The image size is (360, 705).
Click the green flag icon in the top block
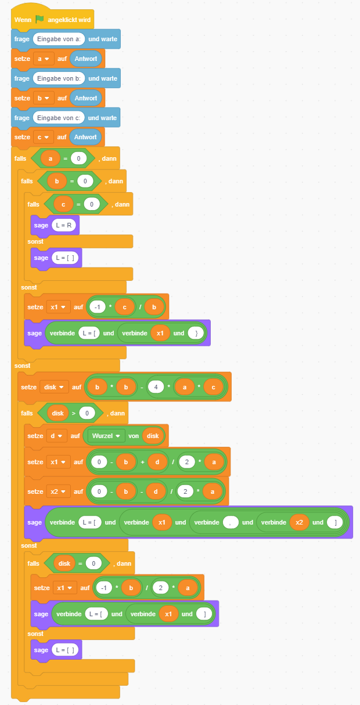[39, 19]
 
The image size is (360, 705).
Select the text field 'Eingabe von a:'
[59, 39]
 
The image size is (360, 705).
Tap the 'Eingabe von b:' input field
[59, 78]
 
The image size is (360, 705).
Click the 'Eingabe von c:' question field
[59, 118]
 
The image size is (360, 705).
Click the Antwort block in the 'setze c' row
[86, 138]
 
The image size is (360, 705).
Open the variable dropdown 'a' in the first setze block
[44, 59]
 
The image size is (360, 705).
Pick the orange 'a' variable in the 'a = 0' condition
[51, 158]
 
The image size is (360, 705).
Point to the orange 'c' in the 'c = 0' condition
[63, 204]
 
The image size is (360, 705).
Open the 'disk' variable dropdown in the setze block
[54, 387]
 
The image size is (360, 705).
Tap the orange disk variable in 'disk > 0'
[57, 413]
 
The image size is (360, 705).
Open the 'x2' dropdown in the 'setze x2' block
[59, 491]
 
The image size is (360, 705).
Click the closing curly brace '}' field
[197, 333]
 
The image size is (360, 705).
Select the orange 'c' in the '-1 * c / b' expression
[124, 306]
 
